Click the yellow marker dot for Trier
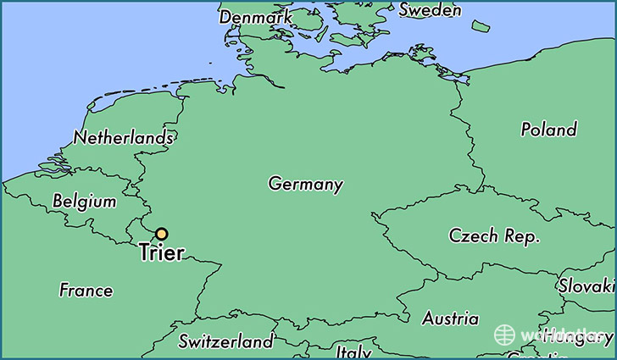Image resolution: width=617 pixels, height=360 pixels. [x=161, y=235]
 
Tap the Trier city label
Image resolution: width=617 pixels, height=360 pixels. [x=161, y=253]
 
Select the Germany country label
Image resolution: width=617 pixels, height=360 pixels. [x=306, y=184]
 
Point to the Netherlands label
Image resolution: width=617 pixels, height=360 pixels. [x=124, y=137]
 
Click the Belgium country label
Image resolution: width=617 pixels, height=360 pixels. [x=84, y=202]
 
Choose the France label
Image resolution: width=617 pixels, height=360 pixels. [x=86, y=291]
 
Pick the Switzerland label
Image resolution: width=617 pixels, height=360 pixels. [x=226, y=341]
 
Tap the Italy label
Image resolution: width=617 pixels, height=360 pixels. [x=353, y=351]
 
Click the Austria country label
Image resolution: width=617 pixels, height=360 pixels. [x=450, y=319]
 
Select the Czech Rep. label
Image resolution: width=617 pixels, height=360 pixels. [x=494, y=237]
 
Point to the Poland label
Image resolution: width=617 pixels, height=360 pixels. [x=548, y=130]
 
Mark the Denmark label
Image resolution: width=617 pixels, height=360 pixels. [x=255, y=16]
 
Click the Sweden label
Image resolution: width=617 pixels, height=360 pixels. [x=430, y=10]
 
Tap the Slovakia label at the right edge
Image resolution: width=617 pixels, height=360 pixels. [x=587, y=286]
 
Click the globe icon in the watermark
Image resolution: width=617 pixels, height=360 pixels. [x=506, y=335]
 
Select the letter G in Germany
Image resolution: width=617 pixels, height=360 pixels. [x=275, y=184]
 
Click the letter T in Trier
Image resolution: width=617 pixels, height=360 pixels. [x=144, y=253]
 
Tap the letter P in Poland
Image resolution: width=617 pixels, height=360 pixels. [x=525, y=130]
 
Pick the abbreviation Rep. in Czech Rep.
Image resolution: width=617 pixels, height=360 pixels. [x=521, y=238]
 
